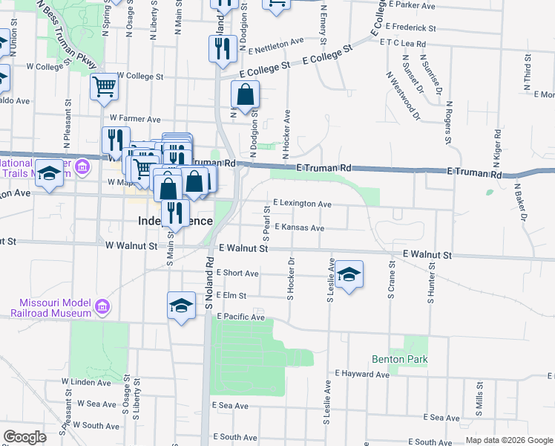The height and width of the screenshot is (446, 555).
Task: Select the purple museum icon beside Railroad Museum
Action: click(x=102, y=306)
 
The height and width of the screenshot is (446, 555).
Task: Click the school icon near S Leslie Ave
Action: click(x=349, y=275)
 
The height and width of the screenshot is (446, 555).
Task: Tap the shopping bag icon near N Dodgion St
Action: click(x=245, y=96)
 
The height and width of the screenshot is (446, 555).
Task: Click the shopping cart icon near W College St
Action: click(x=105, y=86)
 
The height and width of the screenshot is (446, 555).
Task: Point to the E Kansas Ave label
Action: click(x=300, y=227)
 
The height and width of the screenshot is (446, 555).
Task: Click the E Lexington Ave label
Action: click(x=302, y=202)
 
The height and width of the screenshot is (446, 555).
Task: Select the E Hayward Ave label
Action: click(x=362, y=374)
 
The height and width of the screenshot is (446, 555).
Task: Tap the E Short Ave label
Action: click(x=237, y=273)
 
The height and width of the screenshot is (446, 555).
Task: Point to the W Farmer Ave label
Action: click(x=135, y=118)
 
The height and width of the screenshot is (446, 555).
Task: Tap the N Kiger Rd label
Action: click(x=496, y=151)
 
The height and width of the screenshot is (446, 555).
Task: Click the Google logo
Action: click(x=25, y=437)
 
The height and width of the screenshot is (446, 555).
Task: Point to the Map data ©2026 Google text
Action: click(x=508, y=440)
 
